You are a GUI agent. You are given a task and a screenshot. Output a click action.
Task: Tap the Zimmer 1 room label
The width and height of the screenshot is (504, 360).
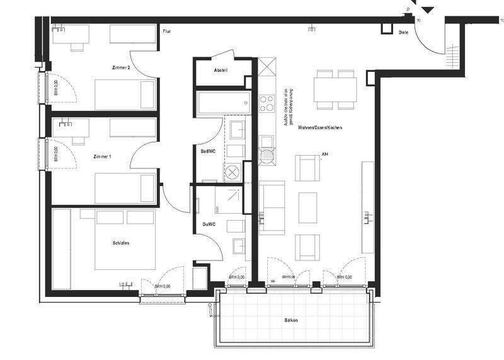(101, 156)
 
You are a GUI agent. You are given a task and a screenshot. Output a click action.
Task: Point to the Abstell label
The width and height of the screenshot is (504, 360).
(220, 70)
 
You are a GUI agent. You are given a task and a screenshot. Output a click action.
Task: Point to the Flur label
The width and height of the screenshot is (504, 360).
(167, 30)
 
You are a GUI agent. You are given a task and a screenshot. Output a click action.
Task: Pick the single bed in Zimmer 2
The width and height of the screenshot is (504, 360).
(125, 95)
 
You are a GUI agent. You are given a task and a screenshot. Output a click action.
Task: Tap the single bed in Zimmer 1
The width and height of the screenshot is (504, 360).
(125, 188)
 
